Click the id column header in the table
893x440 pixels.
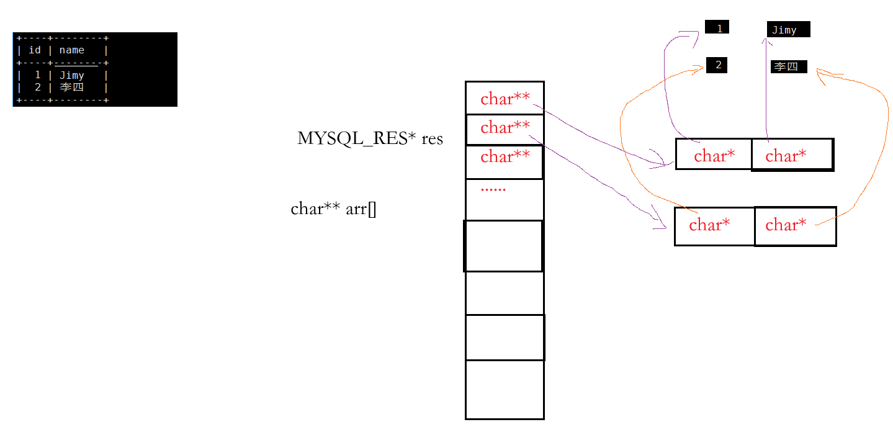35,50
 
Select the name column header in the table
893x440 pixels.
72,50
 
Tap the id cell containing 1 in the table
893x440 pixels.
37,75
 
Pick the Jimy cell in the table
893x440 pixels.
72,75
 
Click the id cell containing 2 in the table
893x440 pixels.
37,88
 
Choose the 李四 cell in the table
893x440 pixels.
71,88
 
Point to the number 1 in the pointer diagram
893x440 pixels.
719,29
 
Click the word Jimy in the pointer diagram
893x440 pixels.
784,30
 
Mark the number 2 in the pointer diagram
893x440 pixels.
719,65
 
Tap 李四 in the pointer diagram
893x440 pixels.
786,66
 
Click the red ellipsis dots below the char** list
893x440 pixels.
493,189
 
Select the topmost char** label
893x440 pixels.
505,99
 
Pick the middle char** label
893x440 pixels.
505,127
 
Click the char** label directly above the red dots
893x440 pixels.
505,156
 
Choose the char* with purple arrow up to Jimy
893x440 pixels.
786,156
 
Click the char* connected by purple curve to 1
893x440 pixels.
714,156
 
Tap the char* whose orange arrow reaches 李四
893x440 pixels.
786,225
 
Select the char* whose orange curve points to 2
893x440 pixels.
709,225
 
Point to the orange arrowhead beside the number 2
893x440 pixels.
699,69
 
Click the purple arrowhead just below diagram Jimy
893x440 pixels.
767,43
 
